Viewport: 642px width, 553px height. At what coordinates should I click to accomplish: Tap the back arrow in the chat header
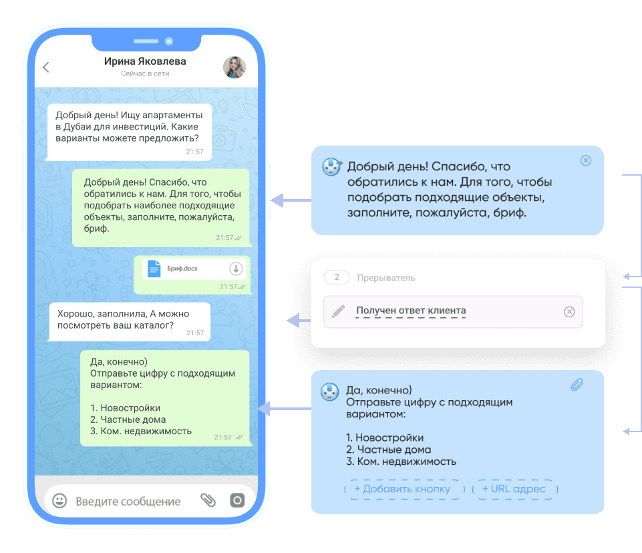pyautogui.click(x=46, y=67)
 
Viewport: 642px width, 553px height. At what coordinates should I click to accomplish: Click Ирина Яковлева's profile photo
pyautogui.click(x=234, y=67)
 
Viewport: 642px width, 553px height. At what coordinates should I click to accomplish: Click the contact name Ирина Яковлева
pyautogui.click(x=145, y=61)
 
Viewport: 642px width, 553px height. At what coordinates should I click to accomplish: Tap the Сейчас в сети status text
pyautogui.click(x=145, y=73)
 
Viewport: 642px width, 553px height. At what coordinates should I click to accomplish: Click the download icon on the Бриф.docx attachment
pyautogui.click(x=236, y=268)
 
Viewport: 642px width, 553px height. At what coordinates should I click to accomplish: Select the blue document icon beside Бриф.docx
pyautogui.click(x=154, y=269)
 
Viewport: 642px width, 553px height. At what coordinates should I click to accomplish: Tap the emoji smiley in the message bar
pyautogui.click(x=59, y=501)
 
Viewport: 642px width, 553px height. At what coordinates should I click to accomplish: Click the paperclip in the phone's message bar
pyautogui.click(x=208, y=500)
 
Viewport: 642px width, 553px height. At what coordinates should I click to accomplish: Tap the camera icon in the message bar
pyautogui.click(x=237, y=500)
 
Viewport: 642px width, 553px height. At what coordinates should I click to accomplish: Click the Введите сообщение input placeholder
pyautogui.click(x=128, y=502)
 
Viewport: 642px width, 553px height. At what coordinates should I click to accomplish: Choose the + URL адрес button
pyautogui.click(x=514, y=489)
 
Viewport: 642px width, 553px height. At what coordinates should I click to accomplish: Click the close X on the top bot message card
pyautogui.click(x=586, y=160)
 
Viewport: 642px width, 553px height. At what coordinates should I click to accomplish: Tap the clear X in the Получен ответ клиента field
pyautogui.click(x=569, y=312)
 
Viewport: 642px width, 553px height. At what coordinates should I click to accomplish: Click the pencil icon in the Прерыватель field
pyautogui.click(x=338, y=311)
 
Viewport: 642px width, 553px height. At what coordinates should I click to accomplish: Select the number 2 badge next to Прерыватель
pyautogui.click(x=337, y=277)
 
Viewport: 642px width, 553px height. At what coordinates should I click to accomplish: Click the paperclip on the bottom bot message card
pyautogui.click(x=577, y=385)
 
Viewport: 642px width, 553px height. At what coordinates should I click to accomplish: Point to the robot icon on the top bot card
pyautogui.click(x=331, y=166)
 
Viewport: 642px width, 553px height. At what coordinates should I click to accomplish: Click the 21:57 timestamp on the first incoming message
pyautogui.click(x=195, y=152)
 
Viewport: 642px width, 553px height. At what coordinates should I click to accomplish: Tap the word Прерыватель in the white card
pyautogui.click(x=386, y=278)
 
